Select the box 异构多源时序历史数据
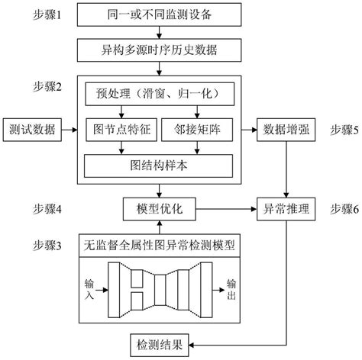(x=158, y=50)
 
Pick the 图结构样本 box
(x=158, y=163)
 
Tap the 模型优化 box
(x=158, y=207)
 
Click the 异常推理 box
(x=286, y=207)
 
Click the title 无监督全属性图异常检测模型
(x=158, y=246)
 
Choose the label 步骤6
(x=339, y=207)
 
